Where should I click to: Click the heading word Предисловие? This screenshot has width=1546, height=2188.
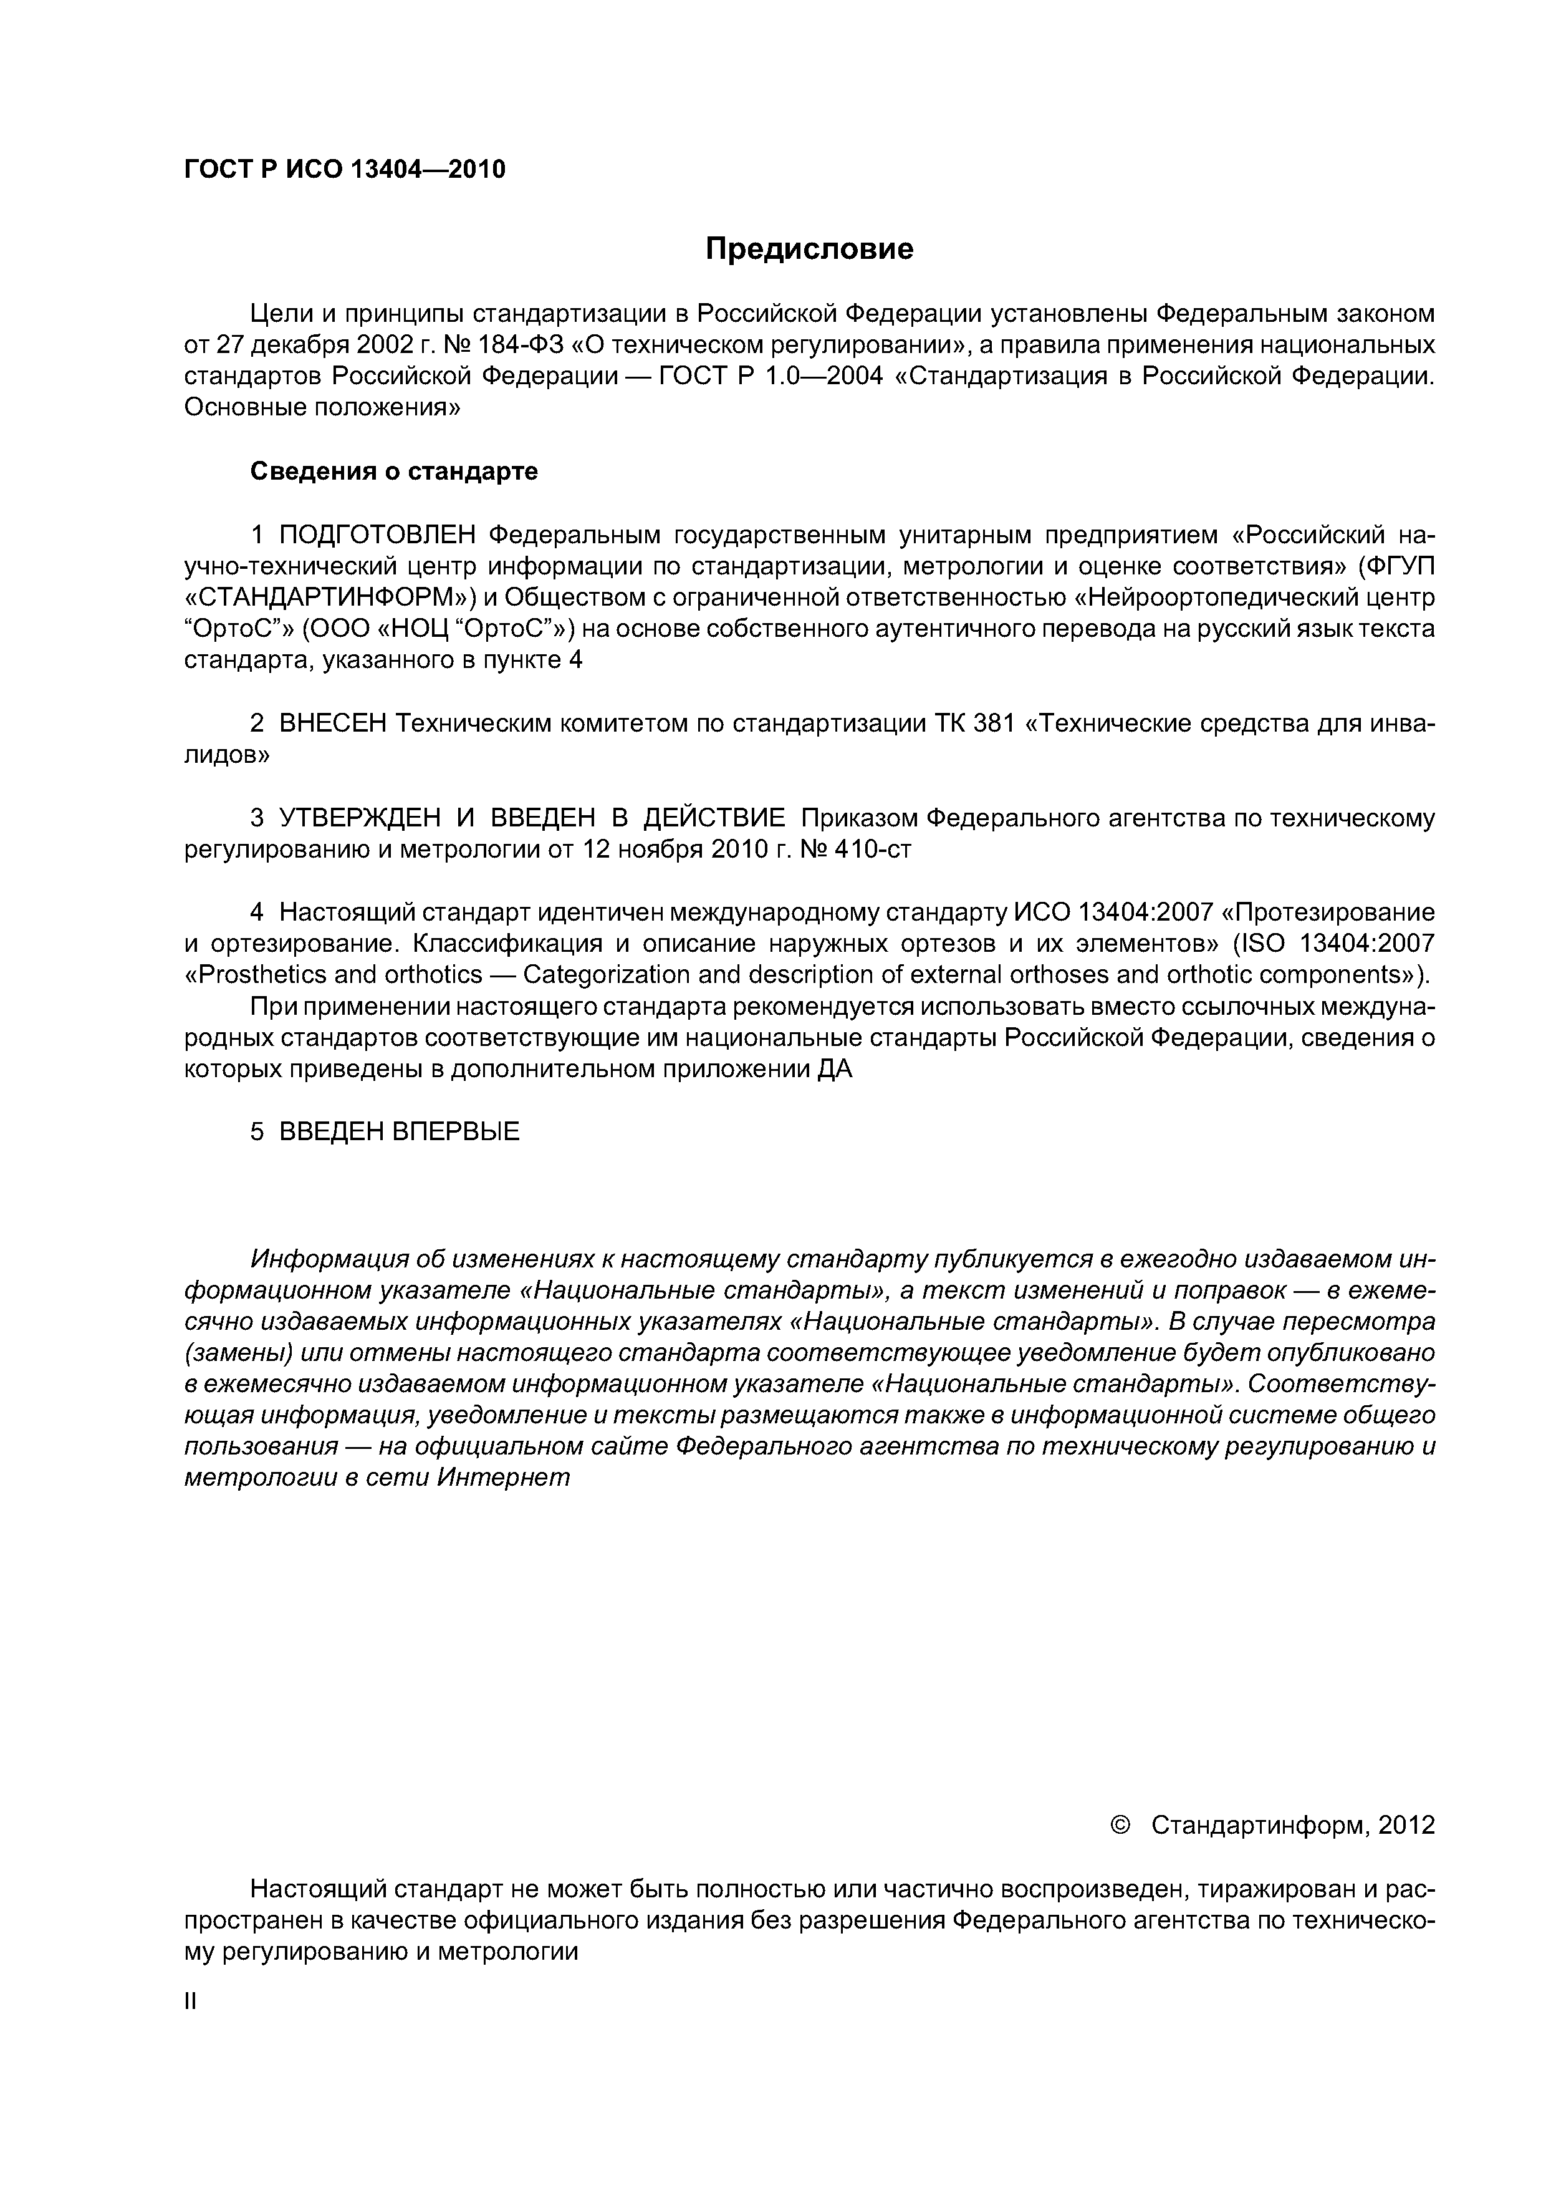click(x=809, y=249)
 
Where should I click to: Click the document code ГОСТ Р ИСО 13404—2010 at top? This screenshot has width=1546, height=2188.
click(x=344, y=170)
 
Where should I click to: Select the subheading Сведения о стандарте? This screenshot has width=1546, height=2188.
click(x=393, y=472)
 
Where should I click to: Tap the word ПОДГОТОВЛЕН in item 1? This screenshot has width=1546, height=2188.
click(x=377, y=535)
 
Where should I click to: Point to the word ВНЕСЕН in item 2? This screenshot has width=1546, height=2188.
click(x=332, y=724)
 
